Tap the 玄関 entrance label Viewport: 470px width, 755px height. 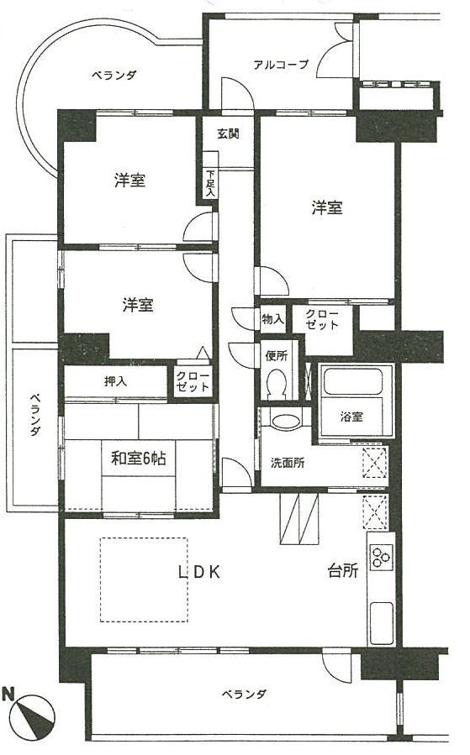tap(227, 133)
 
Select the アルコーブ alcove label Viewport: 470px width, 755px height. tap(281, 65)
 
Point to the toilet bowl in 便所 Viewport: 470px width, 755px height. tap(277, 385)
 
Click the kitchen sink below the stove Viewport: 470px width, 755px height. tap(380, 621)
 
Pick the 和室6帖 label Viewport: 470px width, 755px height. tap(140, 459)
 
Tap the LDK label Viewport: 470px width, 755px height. tap(198, 573)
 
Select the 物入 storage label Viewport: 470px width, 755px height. tap(272, 319)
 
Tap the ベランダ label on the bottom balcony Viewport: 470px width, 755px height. tap(245, 694)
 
